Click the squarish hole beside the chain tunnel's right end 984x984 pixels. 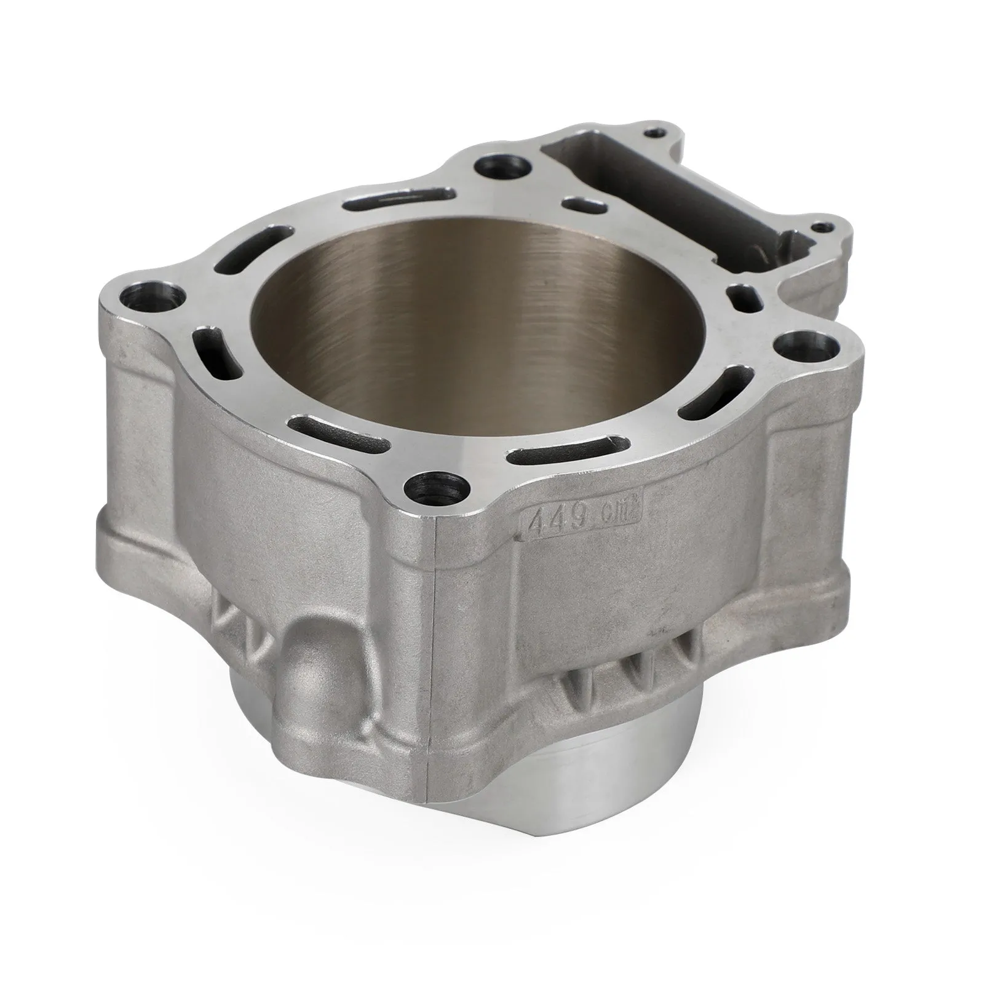(745, 296)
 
